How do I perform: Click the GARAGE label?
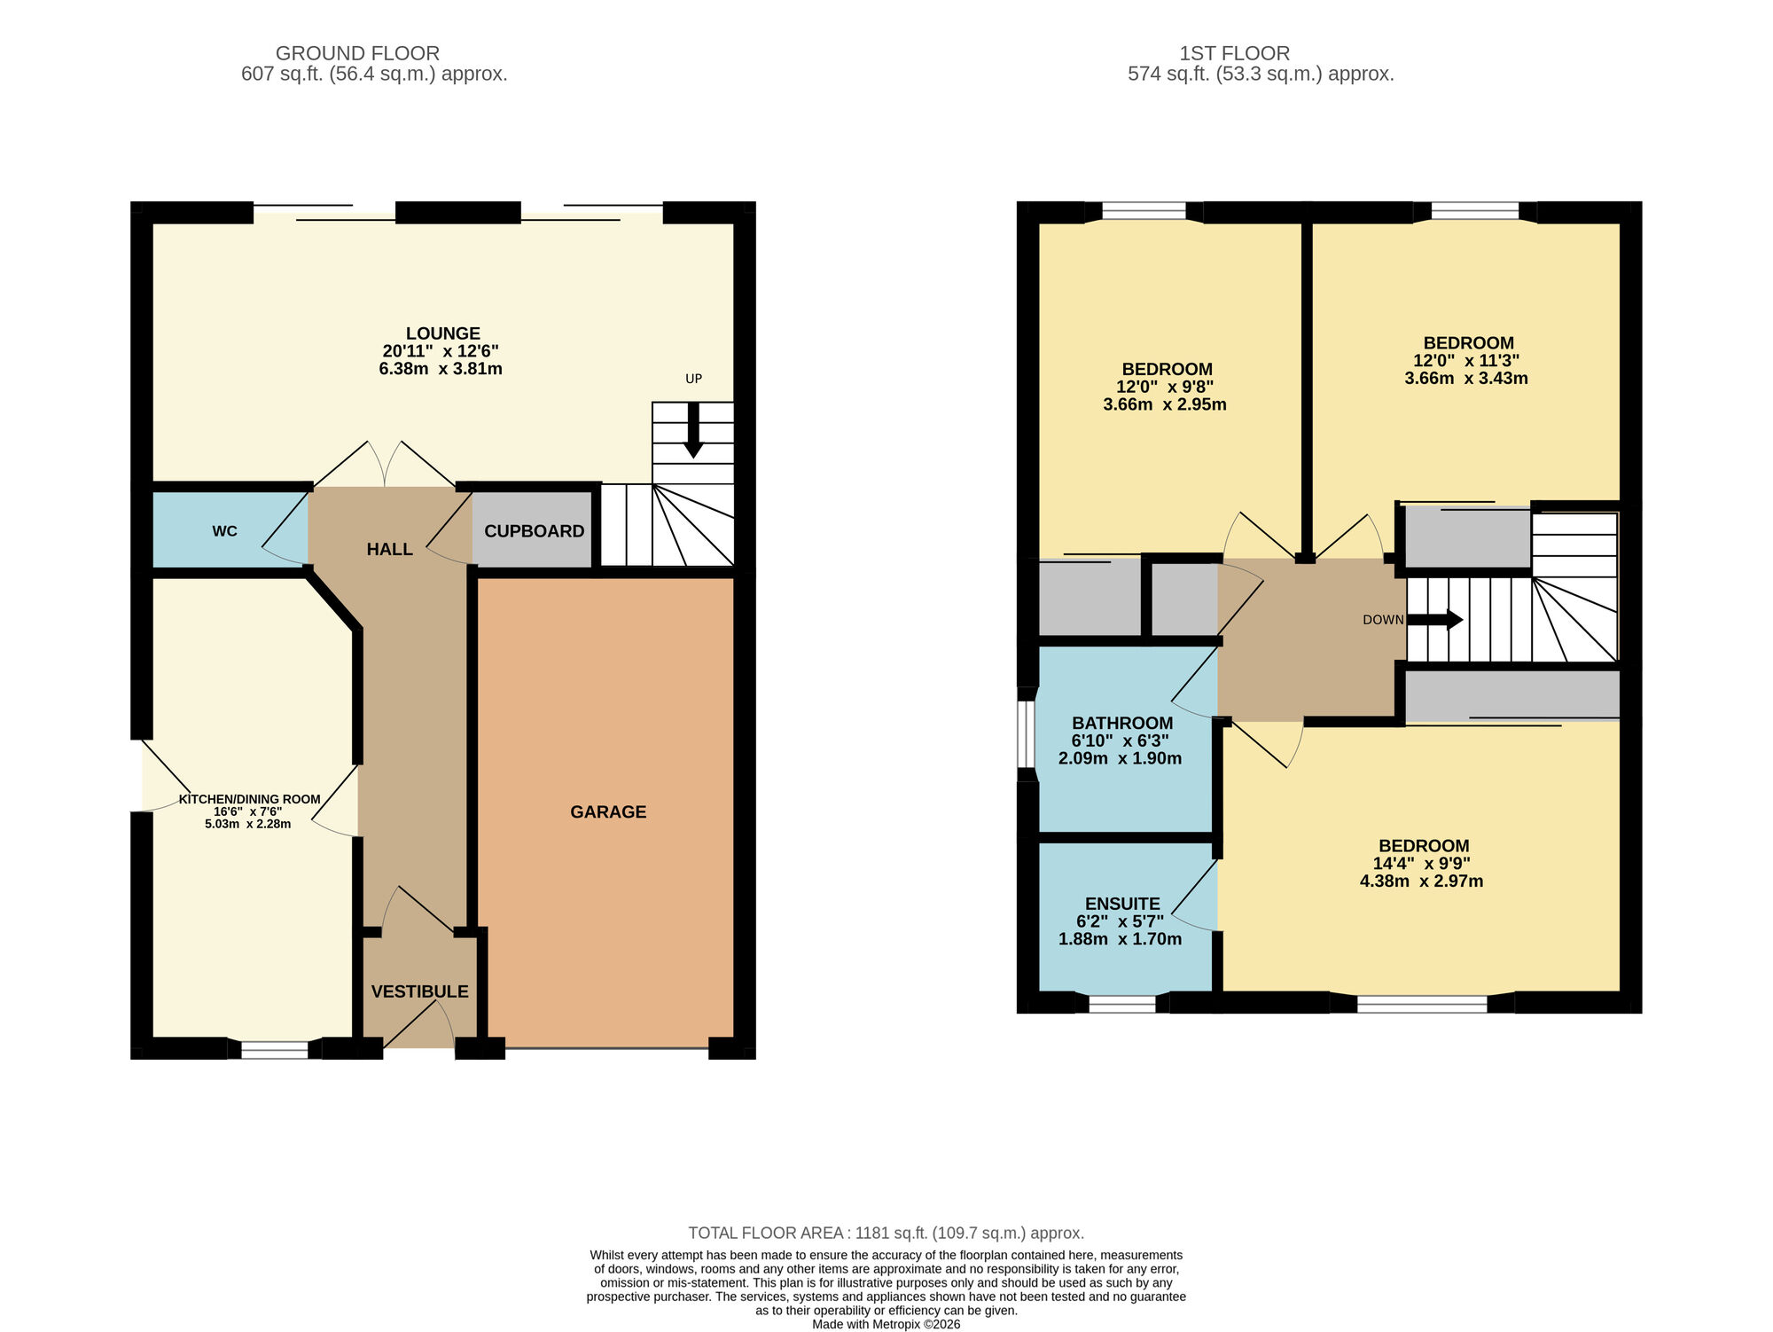(x=608, y=811)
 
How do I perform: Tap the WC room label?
(x=224, y=531)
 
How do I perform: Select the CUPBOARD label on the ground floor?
(x=534, y=531)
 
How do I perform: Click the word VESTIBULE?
(x=419, y=991)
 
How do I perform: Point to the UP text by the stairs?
(x=693, y=379)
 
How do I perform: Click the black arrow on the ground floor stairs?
(x=693, y=430)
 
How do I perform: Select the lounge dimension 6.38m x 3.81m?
(x=441, y=369)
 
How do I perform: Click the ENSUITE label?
(x=1121, y=904)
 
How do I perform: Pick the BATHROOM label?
(x=1122, y=723)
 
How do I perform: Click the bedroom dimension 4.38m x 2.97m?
(x=1421, y=881)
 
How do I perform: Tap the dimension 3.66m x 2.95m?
(x=1165, y=404)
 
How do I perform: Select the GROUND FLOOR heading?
(x=357, y=53)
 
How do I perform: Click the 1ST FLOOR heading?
(x=1234, y=53)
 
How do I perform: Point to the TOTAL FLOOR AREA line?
(x=886, y=1233)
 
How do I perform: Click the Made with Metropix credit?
(x=886, y=1324)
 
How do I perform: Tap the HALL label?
(x=389, y=549)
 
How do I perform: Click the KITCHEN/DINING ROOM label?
(x=249, y=799)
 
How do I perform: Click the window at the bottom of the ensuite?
(x=1121, y=1004)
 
